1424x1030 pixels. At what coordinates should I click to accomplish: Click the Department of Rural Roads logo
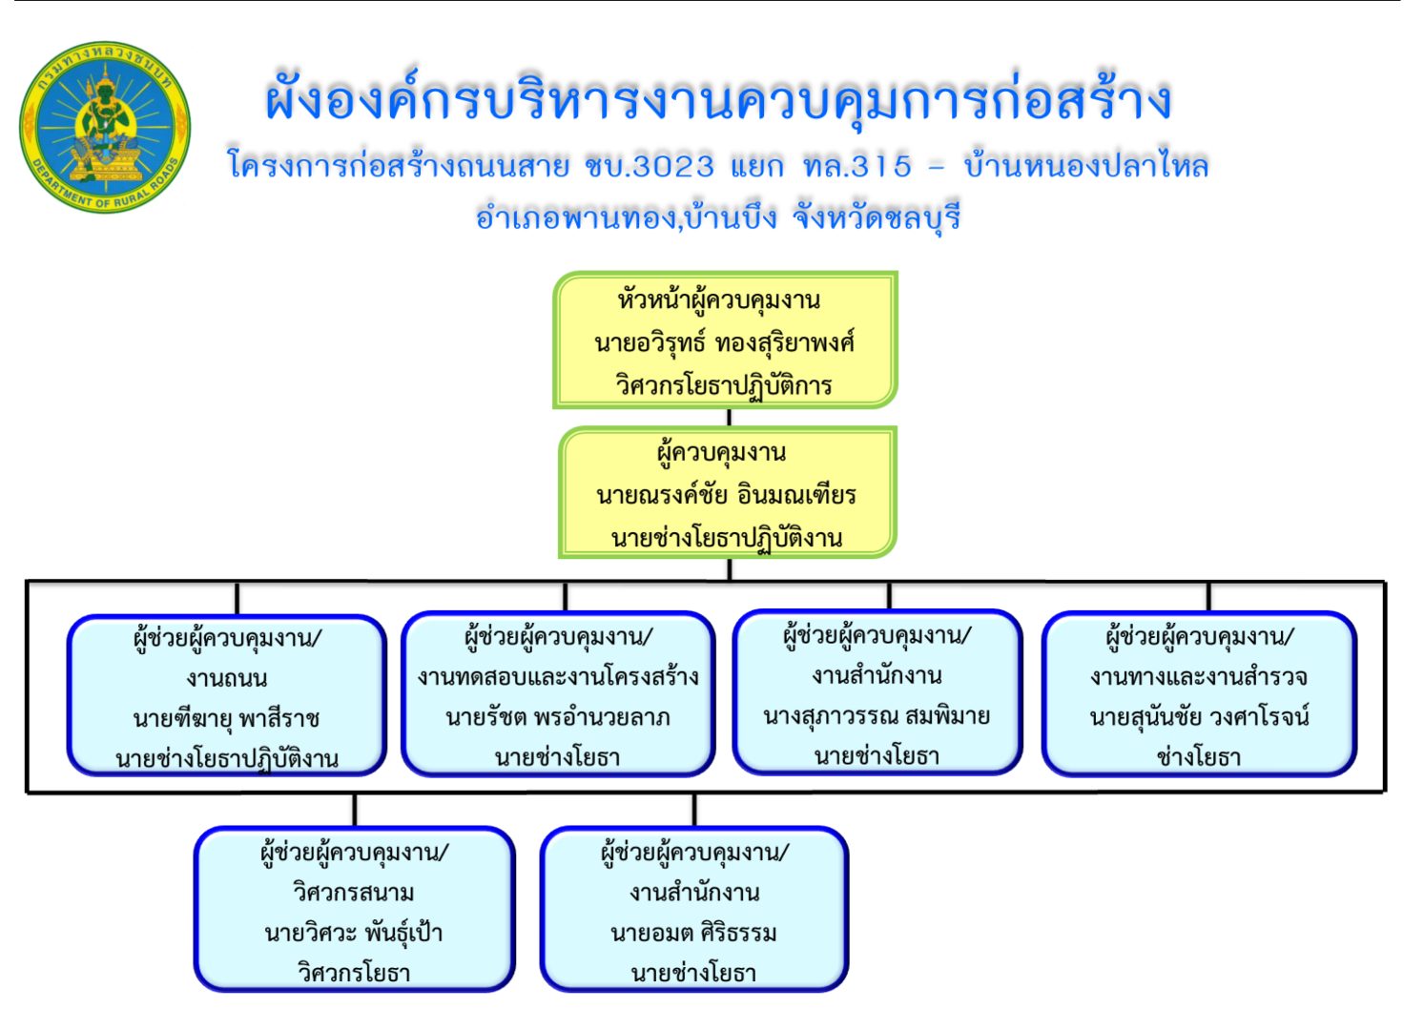105,128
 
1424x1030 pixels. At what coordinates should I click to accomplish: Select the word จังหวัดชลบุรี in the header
876,218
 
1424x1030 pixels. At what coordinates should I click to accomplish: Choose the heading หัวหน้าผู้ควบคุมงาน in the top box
719,300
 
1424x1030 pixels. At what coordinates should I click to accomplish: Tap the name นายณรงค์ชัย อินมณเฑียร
726,495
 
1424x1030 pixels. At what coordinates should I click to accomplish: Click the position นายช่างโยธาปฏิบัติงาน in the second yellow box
727,538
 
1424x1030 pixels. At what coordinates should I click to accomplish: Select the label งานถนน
226,678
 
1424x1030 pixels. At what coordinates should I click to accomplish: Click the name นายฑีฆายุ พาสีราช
226,719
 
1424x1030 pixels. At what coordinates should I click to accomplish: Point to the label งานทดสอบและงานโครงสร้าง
558,676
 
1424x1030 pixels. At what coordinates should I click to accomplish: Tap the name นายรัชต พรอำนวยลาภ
558,717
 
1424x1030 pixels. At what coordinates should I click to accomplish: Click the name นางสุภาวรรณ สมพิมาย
877,716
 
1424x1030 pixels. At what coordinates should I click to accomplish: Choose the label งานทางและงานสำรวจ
1199,676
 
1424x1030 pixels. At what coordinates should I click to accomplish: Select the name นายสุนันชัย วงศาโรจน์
1200,717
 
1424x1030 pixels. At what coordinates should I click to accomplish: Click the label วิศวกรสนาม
354,894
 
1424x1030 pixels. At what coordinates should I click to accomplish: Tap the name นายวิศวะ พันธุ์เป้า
354,933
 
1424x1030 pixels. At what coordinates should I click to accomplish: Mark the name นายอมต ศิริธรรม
693,934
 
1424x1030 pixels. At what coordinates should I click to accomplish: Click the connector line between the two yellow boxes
729,417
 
